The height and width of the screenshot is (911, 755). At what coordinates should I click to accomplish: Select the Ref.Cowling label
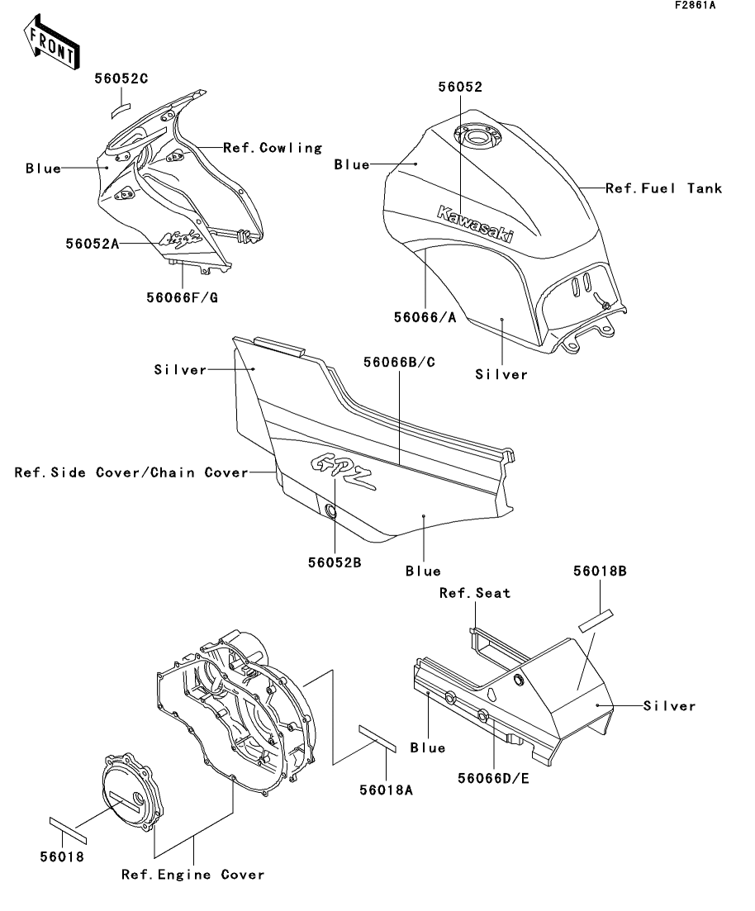[x=272, y=148]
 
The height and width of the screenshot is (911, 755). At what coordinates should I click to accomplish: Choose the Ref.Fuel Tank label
[x=663, y=188]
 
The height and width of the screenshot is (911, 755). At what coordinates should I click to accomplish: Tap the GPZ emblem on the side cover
[x=339, y=472]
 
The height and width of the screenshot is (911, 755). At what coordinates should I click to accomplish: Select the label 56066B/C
[x=400, y=363]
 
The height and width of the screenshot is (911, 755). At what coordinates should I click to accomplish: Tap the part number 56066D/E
[x=493, y=777]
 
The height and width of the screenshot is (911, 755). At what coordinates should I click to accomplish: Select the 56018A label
[x=387, y=789]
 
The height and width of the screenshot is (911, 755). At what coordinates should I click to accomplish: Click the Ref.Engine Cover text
[x=192, y=874]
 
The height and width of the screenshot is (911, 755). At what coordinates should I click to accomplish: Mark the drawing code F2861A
[x=695, y=7]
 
